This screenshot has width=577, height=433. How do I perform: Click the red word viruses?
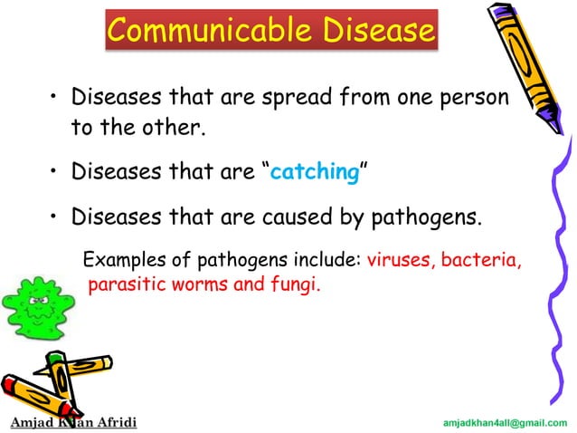pos(400,263)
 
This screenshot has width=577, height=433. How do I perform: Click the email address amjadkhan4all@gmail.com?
pos(506,423)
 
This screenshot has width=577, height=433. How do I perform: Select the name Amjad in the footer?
pos(30,422)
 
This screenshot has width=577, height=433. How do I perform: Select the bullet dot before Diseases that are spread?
pos(53,97)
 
